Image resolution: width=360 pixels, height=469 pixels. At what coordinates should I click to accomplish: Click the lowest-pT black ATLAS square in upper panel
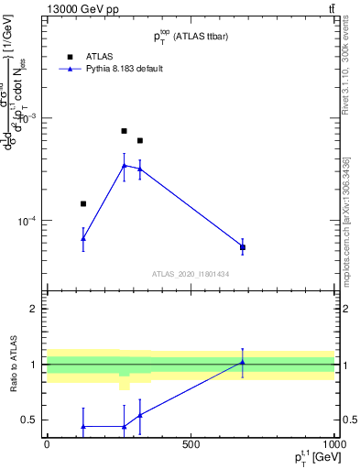(83, 203)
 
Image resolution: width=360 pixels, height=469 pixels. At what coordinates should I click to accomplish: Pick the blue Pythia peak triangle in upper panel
(125, 165)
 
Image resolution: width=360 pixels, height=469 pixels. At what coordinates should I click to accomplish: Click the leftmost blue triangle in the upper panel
(83, 238)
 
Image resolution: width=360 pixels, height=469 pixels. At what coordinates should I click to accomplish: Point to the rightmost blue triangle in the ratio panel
(243, 362)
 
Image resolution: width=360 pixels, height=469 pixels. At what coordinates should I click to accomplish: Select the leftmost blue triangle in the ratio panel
(83, 426)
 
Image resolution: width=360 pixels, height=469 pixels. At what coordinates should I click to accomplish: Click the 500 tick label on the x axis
(191, 445)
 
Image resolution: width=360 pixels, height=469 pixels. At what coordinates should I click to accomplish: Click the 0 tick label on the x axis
(47, 445)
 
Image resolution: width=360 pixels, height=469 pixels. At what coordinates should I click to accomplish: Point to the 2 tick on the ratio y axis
(34, 309)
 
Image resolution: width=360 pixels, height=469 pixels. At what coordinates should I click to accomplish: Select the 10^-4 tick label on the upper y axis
(27, 221)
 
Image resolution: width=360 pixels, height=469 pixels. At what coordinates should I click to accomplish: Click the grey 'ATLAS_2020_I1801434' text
(190, 274)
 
